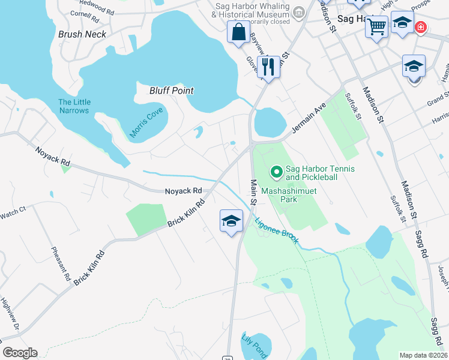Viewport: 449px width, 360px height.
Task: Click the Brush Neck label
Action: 82,34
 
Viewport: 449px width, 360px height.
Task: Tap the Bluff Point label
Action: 172,91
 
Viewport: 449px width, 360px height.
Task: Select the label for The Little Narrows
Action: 74,106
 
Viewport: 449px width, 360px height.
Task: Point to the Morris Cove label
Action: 147,124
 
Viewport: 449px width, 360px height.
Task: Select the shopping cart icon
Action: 376,26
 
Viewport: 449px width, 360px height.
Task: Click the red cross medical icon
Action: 421,28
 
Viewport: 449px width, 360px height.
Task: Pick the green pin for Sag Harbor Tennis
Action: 277,173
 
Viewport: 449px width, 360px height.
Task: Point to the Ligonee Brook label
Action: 277,230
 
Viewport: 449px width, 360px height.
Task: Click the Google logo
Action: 20,353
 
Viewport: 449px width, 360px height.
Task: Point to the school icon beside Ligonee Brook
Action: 231,221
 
